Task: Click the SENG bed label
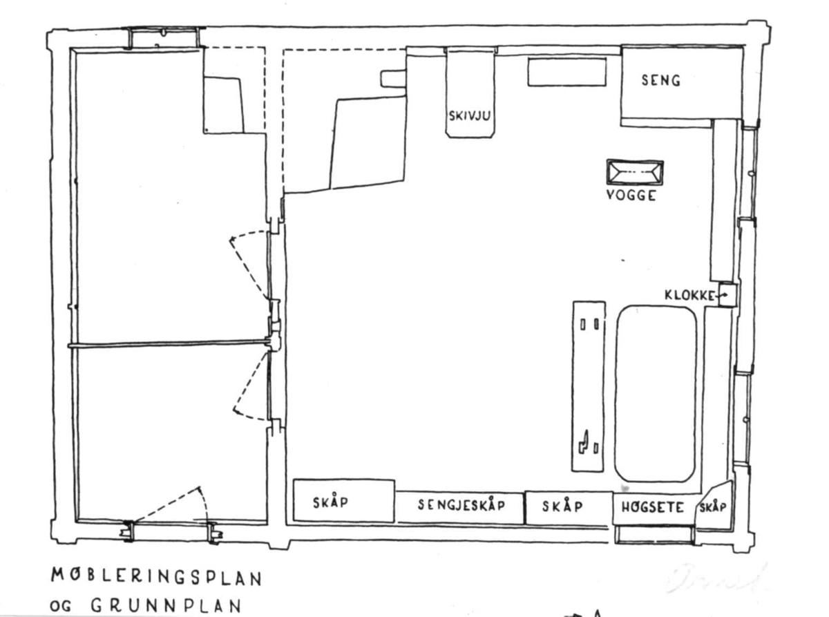pos(660,81)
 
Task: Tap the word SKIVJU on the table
pos(470,115)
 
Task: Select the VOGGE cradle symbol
pos(634,172)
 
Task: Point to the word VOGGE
pos(631,196)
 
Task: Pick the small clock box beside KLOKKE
pos(726,296)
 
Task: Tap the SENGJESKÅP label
pos(461,506)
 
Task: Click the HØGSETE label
pos(653,508)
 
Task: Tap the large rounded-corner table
pos(655,394)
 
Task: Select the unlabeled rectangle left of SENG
pos(567,73)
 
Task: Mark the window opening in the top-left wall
pos(164,39)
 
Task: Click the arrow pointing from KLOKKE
pos(721,296)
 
